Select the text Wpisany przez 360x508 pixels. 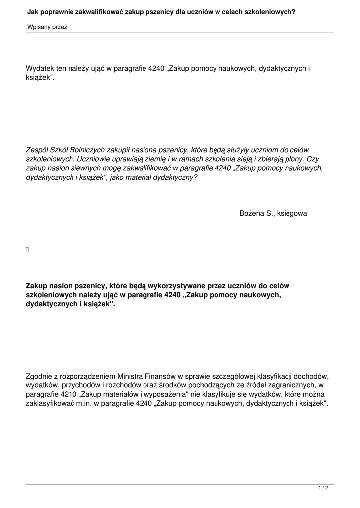[47, 27]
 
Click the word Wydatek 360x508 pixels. [40, 70]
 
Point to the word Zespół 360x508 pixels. [38, 150]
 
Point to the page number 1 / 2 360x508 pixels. [323, 488]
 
